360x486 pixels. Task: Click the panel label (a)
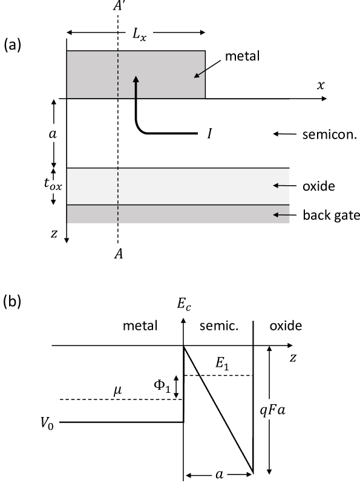point(13,45)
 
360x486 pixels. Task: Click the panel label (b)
point(13,301)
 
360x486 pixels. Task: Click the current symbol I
point(209,133)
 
